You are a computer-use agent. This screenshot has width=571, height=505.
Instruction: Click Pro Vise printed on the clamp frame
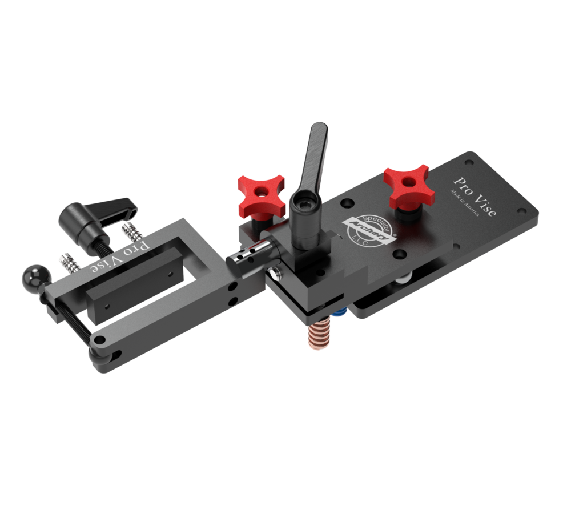point(120,256)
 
